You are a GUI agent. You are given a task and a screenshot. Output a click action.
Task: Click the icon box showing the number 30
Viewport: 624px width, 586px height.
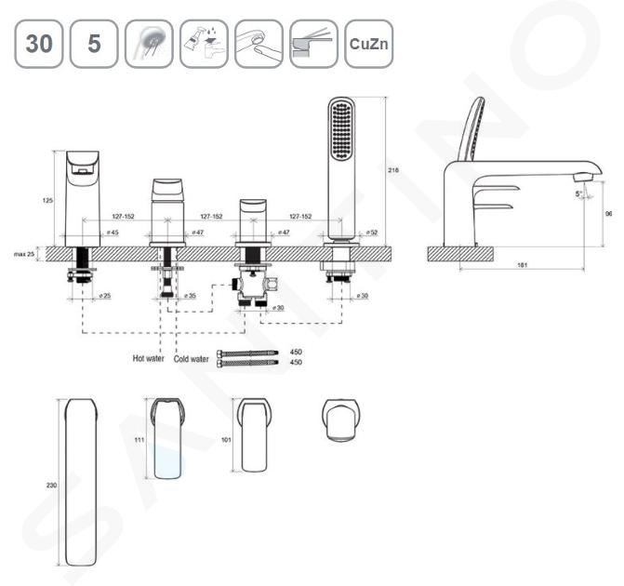click(37, 44)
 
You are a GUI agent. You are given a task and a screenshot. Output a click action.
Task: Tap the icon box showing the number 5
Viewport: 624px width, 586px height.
click(94, 44)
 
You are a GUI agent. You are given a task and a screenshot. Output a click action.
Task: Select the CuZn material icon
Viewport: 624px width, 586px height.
click(368, 44)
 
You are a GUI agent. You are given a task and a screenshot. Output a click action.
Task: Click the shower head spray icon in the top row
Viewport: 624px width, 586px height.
click(149, 44)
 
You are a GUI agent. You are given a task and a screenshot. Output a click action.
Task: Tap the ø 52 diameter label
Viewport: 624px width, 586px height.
click(370, 233)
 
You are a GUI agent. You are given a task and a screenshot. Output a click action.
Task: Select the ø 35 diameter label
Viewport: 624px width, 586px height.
click(190, 296)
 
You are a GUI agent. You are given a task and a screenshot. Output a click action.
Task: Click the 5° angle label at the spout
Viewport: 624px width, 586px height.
click(579, 193)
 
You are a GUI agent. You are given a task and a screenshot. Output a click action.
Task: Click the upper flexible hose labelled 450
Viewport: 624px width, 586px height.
click(247, 353)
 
